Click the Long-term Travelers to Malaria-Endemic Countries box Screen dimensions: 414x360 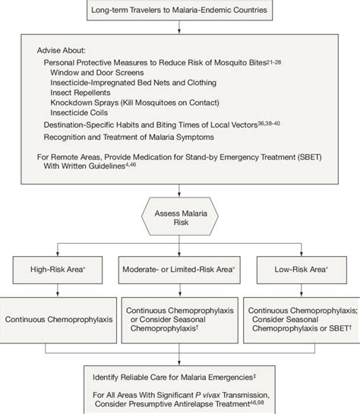click(180, 10)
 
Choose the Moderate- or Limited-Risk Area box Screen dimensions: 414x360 click(179, 269)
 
